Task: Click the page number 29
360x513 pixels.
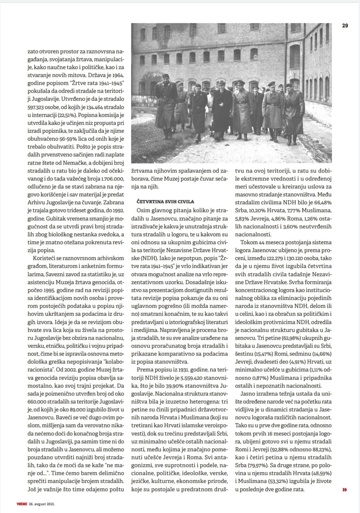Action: click(345, 26)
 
